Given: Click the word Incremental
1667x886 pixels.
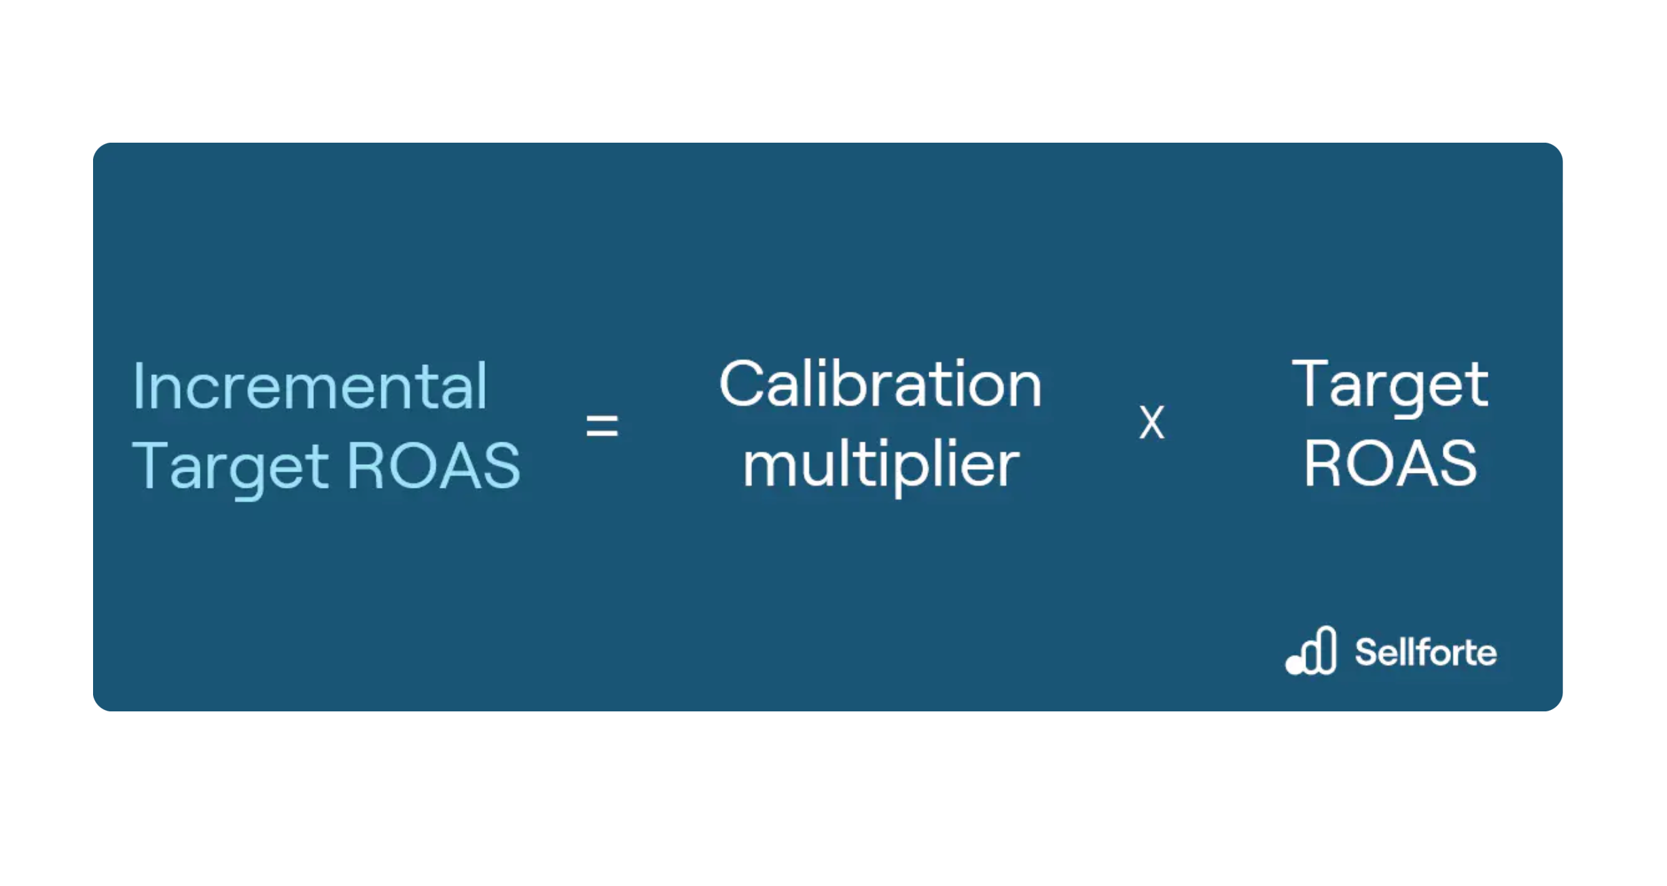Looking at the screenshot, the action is coord(310,386).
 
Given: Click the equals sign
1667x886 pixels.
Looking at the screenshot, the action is coord(602,426).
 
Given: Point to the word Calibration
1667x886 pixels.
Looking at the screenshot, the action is coord(880,384).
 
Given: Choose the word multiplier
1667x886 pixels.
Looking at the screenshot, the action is coord(881,467).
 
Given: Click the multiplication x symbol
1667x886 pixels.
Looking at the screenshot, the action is coord(1151,422).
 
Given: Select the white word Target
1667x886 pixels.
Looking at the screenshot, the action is coord(1390,386).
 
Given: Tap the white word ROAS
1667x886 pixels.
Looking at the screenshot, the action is coord(1390,463).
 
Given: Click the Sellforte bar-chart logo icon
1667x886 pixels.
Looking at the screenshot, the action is coord(1311,650).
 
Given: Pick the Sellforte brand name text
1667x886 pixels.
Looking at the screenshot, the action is coord(1426,652).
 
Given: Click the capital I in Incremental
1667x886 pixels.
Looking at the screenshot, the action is coord(138,387).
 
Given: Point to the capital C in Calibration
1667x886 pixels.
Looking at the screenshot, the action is coord(742,384).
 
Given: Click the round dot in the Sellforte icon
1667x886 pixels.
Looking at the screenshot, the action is coord(1295,665).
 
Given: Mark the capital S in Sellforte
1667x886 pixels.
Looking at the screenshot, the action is coord(1367,652).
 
